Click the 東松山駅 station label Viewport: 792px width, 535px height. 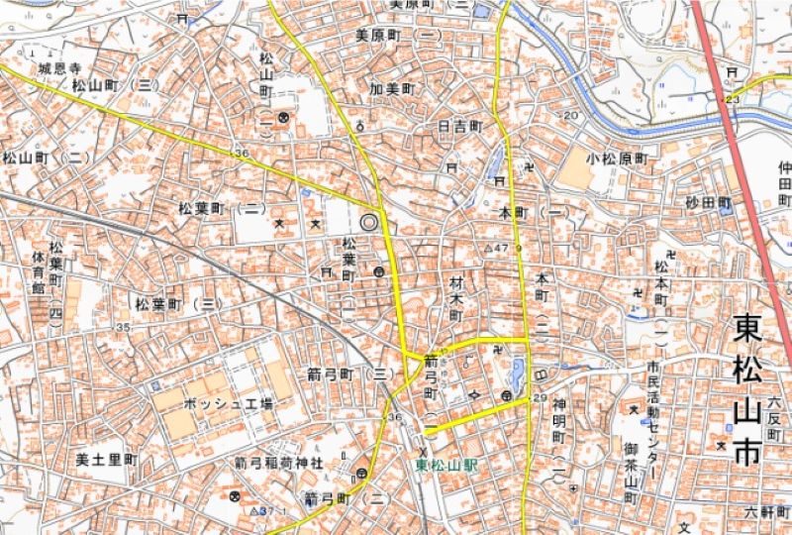(446, 465)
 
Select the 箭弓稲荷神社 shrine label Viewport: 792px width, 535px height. (278, 463)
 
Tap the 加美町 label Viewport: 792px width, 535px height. (391, 88)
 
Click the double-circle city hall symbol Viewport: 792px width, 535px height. (371, 222)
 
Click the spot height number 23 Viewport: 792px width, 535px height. (733, 99)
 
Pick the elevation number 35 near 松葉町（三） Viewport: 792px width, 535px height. (123, 327)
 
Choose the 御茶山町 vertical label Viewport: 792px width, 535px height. (630, 470)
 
